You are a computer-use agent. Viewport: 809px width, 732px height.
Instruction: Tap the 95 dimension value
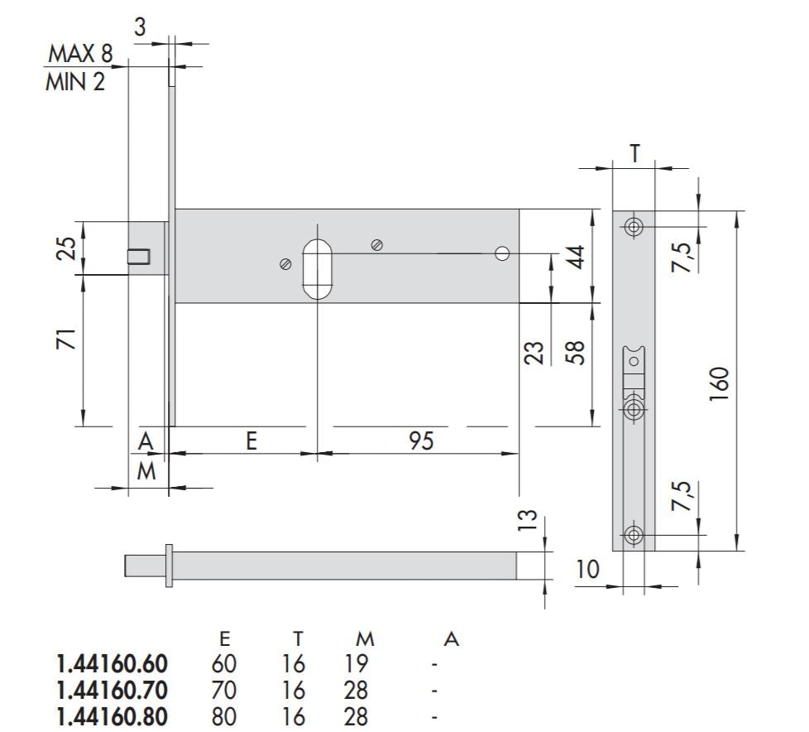[421, 441]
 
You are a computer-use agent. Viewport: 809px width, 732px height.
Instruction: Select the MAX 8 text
[80, 55]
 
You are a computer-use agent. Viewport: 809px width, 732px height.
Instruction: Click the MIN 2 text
[75, 82]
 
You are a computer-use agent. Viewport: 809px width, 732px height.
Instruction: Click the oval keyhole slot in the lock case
[316, 269]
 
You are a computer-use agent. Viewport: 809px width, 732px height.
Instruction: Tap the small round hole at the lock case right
[502, 253]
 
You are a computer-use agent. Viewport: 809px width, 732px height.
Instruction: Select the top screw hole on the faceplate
[634, 227]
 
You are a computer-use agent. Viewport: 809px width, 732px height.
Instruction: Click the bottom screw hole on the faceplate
[634, 535]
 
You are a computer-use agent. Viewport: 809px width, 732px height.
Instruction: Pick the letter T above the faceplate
[634, 153]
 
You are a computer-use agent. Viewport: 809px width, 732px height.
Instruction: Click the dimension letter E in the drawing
[251, 441]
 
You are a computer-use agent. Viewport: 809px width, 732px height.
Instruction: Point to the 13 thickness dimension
[529, 519]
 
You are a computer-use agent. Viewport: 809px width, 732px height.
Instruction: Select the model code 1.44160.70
[112, 690]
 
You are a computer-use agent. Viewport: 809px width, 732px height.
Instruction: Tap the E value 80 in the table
[223, 716]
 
